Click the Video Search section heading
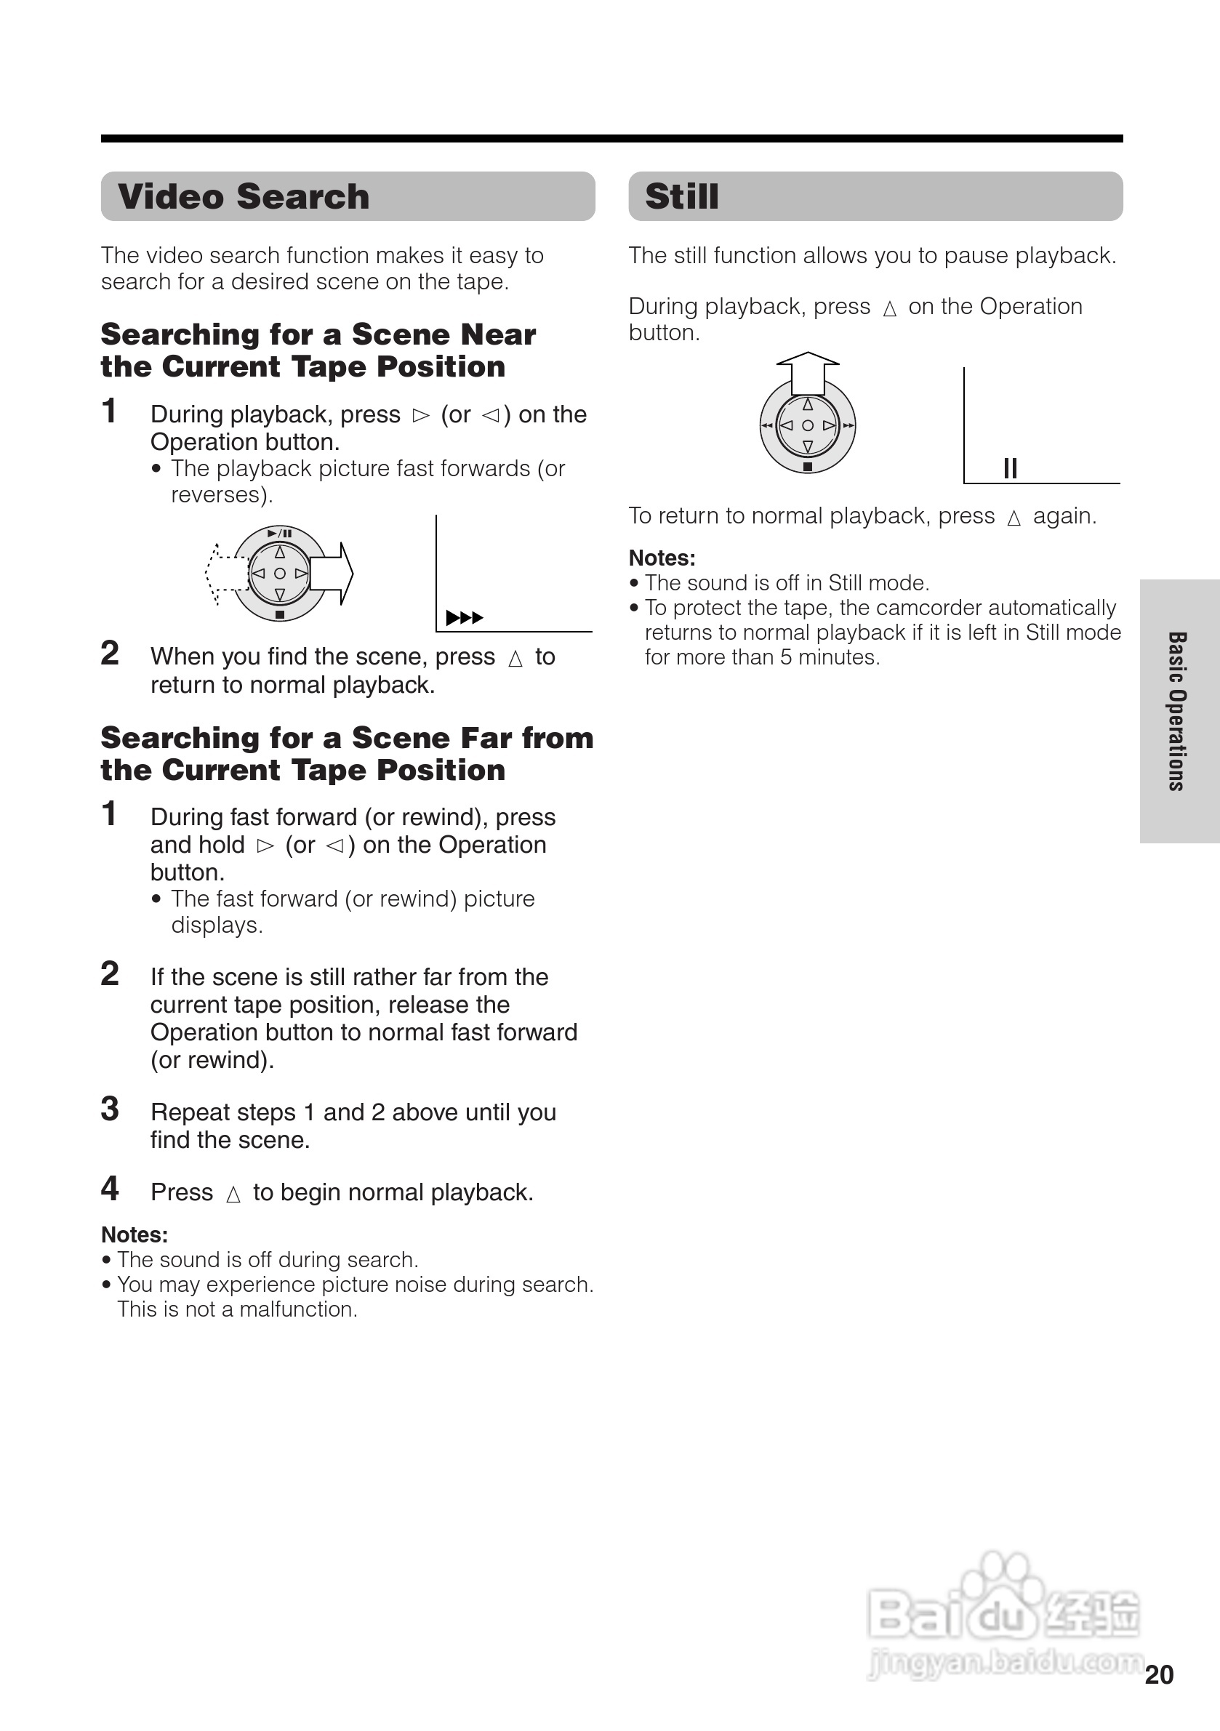[244, 197]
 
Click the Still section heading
[682, 197]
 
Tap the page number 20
[1158, 1674]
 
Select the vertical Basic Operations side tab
[1177, 711]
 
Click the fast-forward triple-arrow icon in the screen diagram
[464, 618]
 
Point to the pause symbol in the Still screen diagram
[1011, 468]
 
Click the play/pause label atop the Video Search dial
[280, 533]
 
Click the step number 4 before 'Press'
[110, 1189]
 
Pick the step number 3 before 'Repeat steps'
[110, 1109]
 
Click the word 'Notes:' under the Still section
[662, 558]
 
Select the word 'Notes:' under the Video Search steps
[135, 1235]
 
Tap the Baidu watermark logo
[1002, 1612]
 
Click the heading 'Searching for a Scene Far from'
[347, 737]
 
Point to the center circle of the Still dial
[808, 425]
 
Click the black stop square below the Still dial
[808, 467]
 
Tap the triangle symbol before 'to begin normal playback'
[233, 1194]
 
